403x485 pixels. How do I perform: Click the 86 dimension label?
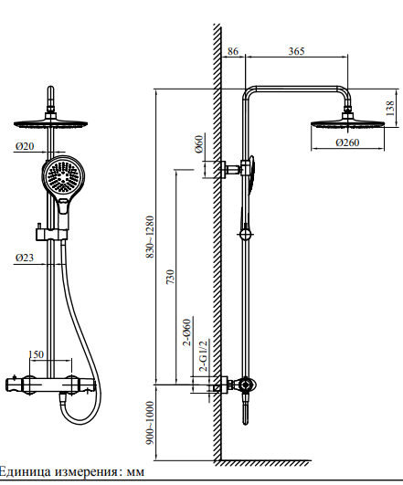tap(233, 51)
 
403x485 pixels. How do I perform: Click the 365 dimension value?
tap(296, 51)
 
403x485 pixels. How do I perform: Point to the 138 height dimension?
tap(390, 109)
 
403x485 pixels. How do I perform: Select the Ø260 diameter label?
tap(347, 142)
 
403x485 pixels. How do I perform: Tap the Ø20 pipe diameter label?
tap(25, 146)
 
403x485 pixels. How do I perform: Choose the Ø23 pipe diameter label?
tap(25, 258)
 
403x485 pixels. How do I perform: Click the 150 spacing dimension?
tap(36, 354)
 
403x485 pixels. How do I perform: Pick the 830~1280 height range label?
tap(150, 237)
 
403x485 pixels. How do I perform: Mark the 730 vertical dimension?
tap(171, 277)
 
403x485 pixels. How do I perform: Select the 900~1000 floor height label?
tap(150, 423)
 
